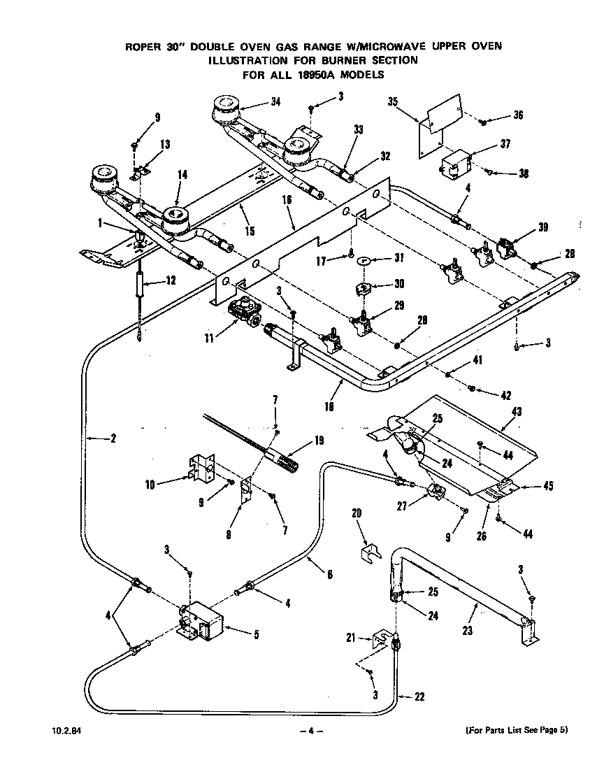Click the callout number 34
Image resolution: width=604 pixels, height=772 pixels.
(276, 103)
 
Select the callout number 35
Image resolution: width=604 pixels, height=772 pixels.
(393, 101)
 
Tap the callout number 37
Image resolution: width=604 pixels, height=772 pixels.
(505, 144)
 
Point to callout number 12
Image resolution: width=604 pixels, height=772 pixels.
(171, 280)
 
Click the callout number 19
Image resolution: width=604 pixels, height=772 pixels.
(319, 441)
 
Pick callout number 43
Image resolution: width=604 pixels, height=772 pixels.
(517, 412)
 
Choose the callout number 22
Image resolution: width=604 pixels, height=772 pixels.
(419, 696)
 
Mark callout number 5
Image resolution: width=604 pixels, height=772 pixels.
(256, 635)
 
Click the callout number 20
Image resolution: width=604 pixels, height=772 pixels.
(357, 513)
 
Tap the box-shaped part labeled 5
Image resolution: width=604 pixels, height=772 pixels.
(202, 621)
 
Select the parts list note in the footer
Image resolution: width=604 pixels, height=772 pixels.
(517, 731)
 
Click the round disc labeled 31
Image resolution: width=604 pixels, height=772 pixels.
(362, 261)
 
